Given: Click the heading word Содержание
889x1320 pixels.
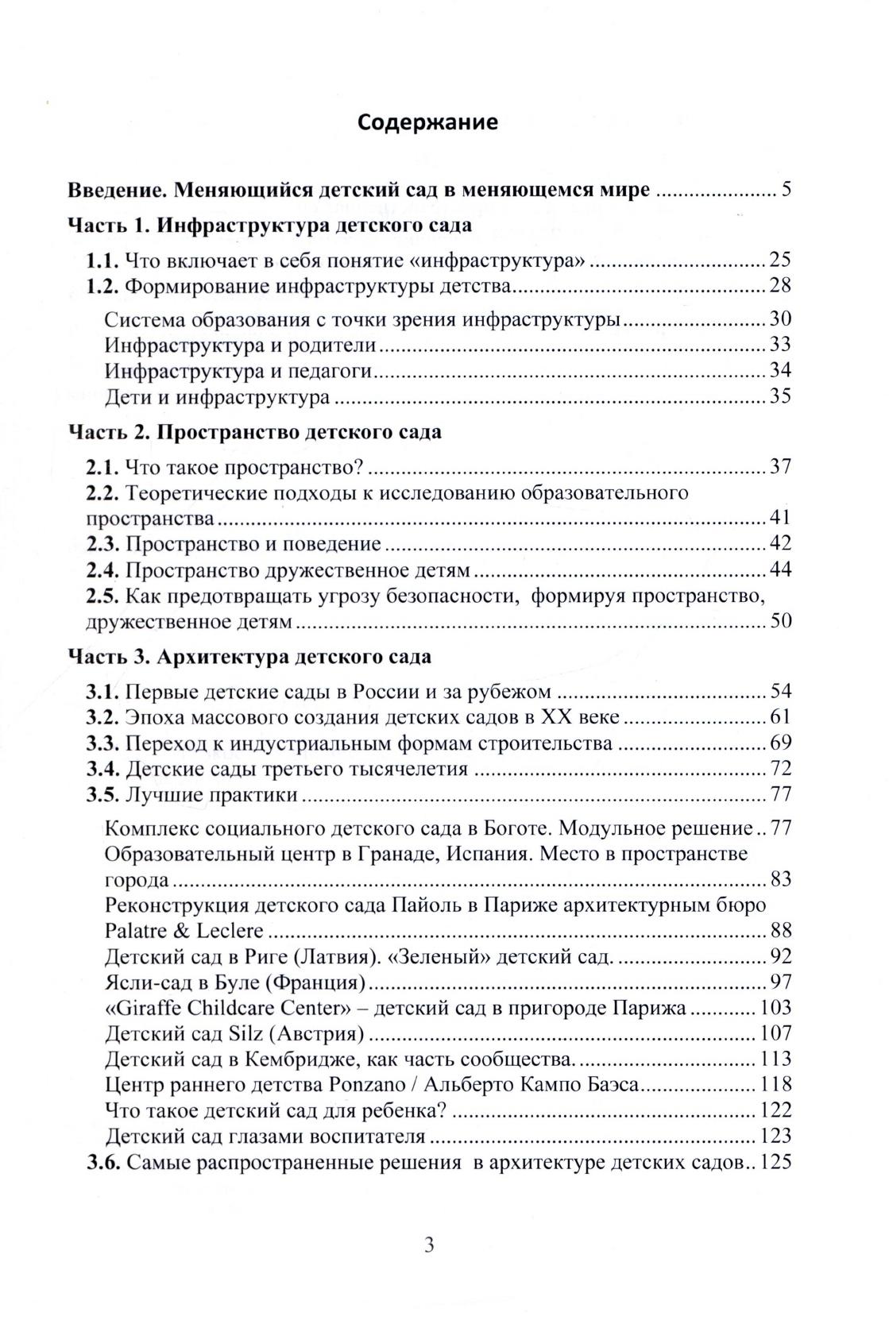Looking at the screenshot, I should (x=427, y=122).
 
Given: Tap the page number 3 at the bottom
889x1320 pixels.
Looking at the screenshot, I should (x=429, y=1245).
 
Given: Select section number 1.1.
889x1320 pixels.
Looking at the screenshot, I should (x=102, y=260).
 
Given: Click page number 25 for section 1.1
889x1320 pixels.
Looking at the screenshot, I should (x=780, y=260).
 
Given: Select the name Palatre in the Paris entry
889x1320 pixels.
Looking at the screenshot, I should (x=135, y=930).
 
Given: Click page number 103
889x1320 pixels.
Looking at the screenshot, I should (x=775, y=1008).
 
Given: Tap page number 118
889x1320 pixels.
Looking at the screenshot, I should (x=775, y=1084).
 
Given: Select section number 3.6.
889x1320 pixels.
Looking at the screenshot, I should (x=102, y=1164).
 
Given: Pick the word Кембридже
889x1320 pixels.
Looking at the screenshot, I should (x=288, y=1059).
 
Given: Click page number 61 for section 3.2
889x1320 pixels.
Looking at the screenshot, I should (x=780, y=717).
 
